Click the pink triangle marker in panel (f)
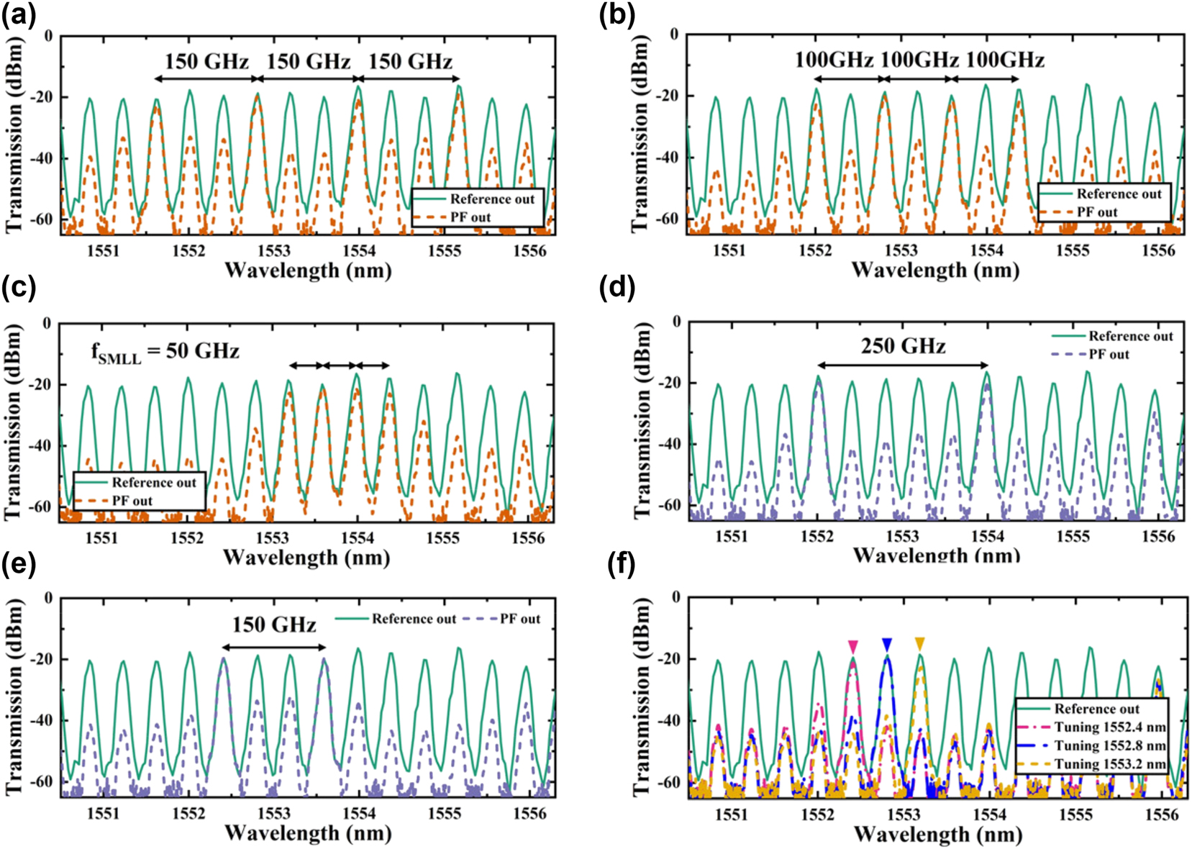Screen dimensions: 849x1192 (x=852, y=646)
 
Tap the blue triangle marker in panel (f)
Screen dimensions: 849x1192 (x=886, y=644)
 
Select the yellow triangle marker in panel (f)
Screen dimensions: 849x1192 (x=919, y=644)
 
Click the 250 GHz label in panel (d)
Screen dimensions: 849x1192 (x=903, y=347)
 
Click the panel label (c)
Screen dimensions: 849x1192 (x=19, y=288)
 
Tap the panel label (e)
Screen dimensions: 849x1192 (x=19, y=564)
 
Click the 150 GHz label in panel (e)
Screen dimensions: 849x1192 (x=274, y=625)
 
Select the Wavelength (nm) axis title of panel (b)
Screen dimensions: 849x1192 (x=935, y=271)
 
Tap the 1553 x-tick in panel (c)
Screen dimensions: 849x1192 (x=273, y=538)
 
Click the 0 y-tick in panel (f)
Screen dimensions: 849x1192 (x=675, y=597)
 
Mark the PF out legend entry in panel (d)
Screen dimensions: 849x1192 (x=1109, y=355)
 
